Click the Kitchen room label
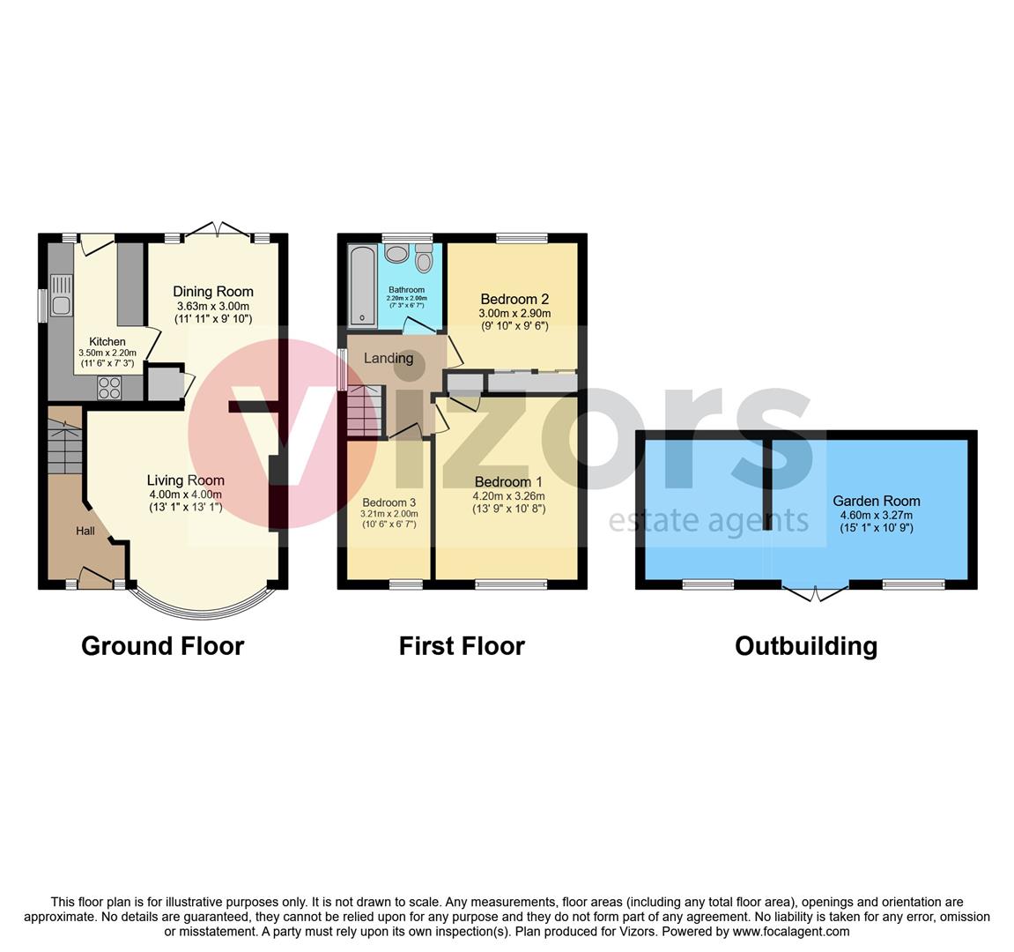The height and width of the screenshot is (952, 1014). click(107, 342)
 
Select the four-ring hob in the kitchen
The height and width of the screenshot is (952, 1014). click(108, 388)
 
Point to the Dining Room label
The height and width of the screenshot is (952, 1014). click(213, 292)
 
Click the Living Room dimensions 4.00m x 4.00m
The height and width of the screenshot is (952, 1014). click(186, 495)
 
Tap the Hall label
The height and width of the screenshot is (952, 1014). click(85, 532)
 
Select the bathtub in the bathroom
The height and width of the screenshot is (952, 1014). click(361, 286)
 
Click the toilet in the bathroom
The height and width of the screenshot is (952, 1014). click(424, 258)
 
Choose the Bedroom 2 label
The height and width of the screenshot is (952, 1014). click(514, 299)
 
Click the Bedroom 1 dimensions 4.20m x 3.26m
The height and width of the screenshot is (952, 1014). click(509, 496)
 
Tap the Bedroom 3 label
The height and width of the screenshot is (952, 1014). click(389, 502)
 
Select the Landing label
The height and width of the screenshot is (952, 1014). click(388, 358)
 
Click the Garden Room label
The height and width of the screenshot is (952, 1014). click(877, 501)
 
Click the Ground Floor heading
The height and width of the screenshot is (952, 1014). click(162, 646)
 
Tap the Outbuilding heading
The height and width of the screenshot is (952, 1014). click(806, 646)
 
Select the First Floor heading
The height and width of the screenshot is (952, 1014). click(462, 646)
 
